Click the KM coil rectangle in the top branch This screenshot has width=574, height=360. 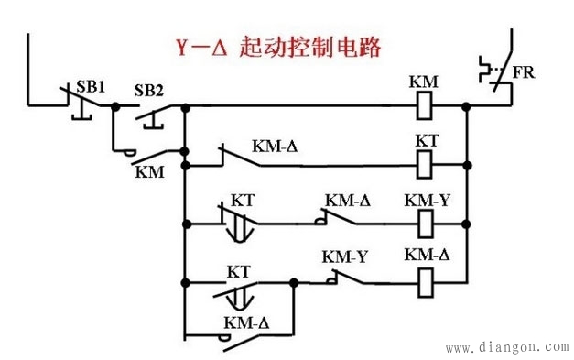(424, 106)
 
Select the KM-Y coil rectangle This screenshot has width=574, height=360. (424, 222)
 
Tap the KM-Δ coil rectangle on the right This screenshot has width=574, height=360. (424, 278)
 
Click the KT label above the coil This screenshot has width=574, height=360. (426, 143)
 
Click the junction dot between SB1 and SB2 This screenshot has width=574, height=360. (114, 106)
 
